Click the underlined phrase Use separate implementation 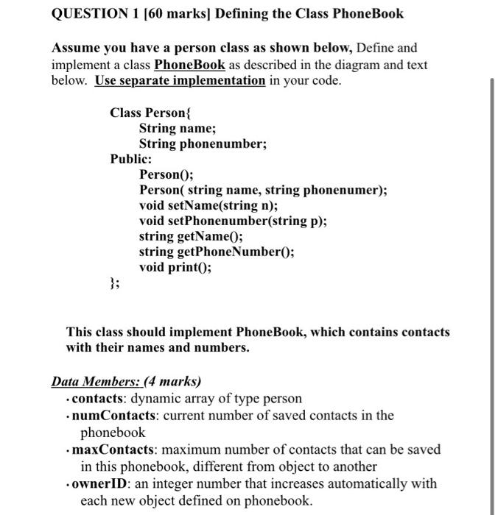pyautogui.click(x=180, y=80)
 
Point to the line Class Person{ pyautogui.click(x=150, y=113)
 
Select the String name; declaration pyautogui.click(x=177, y=128)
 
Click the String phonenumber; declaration pyautogui.click(x=203, y=144)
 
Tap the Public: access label pyautogui.click(x=131, y=159)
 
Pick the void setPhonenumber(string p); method pyautogui.click(x=233, y=221)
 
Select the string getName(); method pyautogui.click(x=191, y=236)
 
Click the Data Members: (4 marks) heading pyautogui.click(x=126, y=382)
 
